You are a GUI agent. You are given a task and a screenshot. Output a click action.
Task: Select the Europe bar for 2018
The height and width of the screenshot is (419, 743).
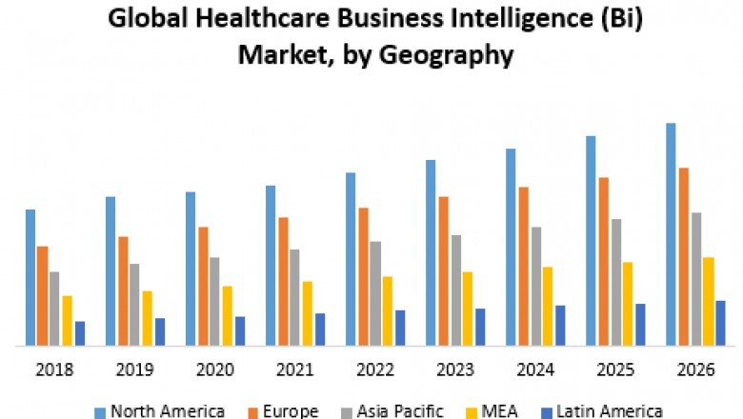(42, 296)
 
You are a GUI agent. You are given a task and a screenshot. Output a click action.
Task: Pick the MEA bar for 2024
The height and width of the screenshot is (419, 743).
(548, 306)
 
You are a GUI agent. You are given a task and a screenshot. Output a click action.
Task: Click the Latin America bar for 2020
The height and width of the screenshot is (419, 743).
(239, 331)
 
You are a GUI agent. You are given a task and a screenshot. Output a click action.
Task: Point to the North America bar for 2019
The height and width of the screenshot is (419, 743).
(110, 271)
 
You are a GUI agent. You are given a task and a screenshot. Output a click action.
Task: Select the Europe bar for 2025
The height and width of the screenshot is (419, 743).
(604, 262)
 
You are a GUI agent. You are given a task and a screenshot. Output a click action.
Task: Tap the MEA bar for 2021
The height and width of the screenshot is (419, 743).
(307, 313)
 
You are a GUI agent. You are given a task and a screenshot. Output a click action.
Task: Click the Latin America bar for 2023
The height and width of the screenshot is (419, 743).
(479, 327)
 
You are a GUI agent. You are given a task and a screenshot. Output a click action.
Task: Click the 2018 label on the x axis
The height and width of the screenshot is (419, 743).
(54, 369)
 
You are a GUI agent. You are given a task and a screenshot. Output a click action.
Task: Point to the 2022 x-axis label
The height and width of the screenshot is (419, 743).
(374, 369)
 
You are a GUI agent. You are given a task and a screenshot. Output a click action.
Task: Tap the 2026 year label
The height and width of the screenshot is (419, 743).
(695, 369)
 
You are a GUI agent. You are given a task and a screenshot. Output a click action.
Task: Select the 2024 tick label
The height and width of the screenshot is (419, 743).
(534, 369)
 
